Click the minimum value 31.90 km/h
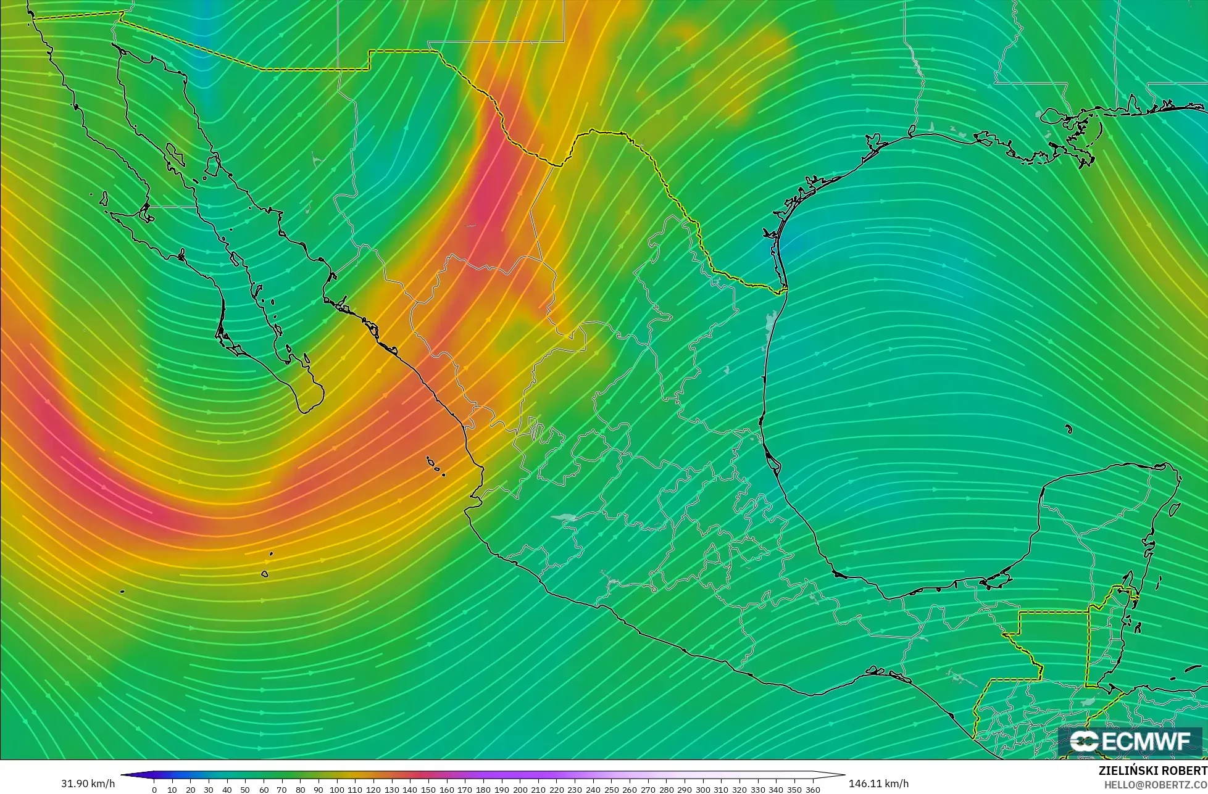coord(88,784)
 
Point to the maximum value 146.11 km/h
coord(878,784)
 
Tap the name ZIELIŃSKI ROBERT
coord(1152,771)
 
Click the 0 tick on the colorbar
coord(154,790)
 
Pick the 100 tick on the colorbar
coord(336,790)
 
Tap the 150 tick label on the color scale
coord(428,790)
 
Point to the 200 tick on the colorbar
coord(520,790)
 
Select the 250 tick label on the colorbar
coord(611,790)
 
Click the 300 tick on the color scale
coord(702,790)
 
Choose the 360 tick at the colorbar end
coord(813,790)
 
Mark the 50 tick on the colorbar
coord(245,790)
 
